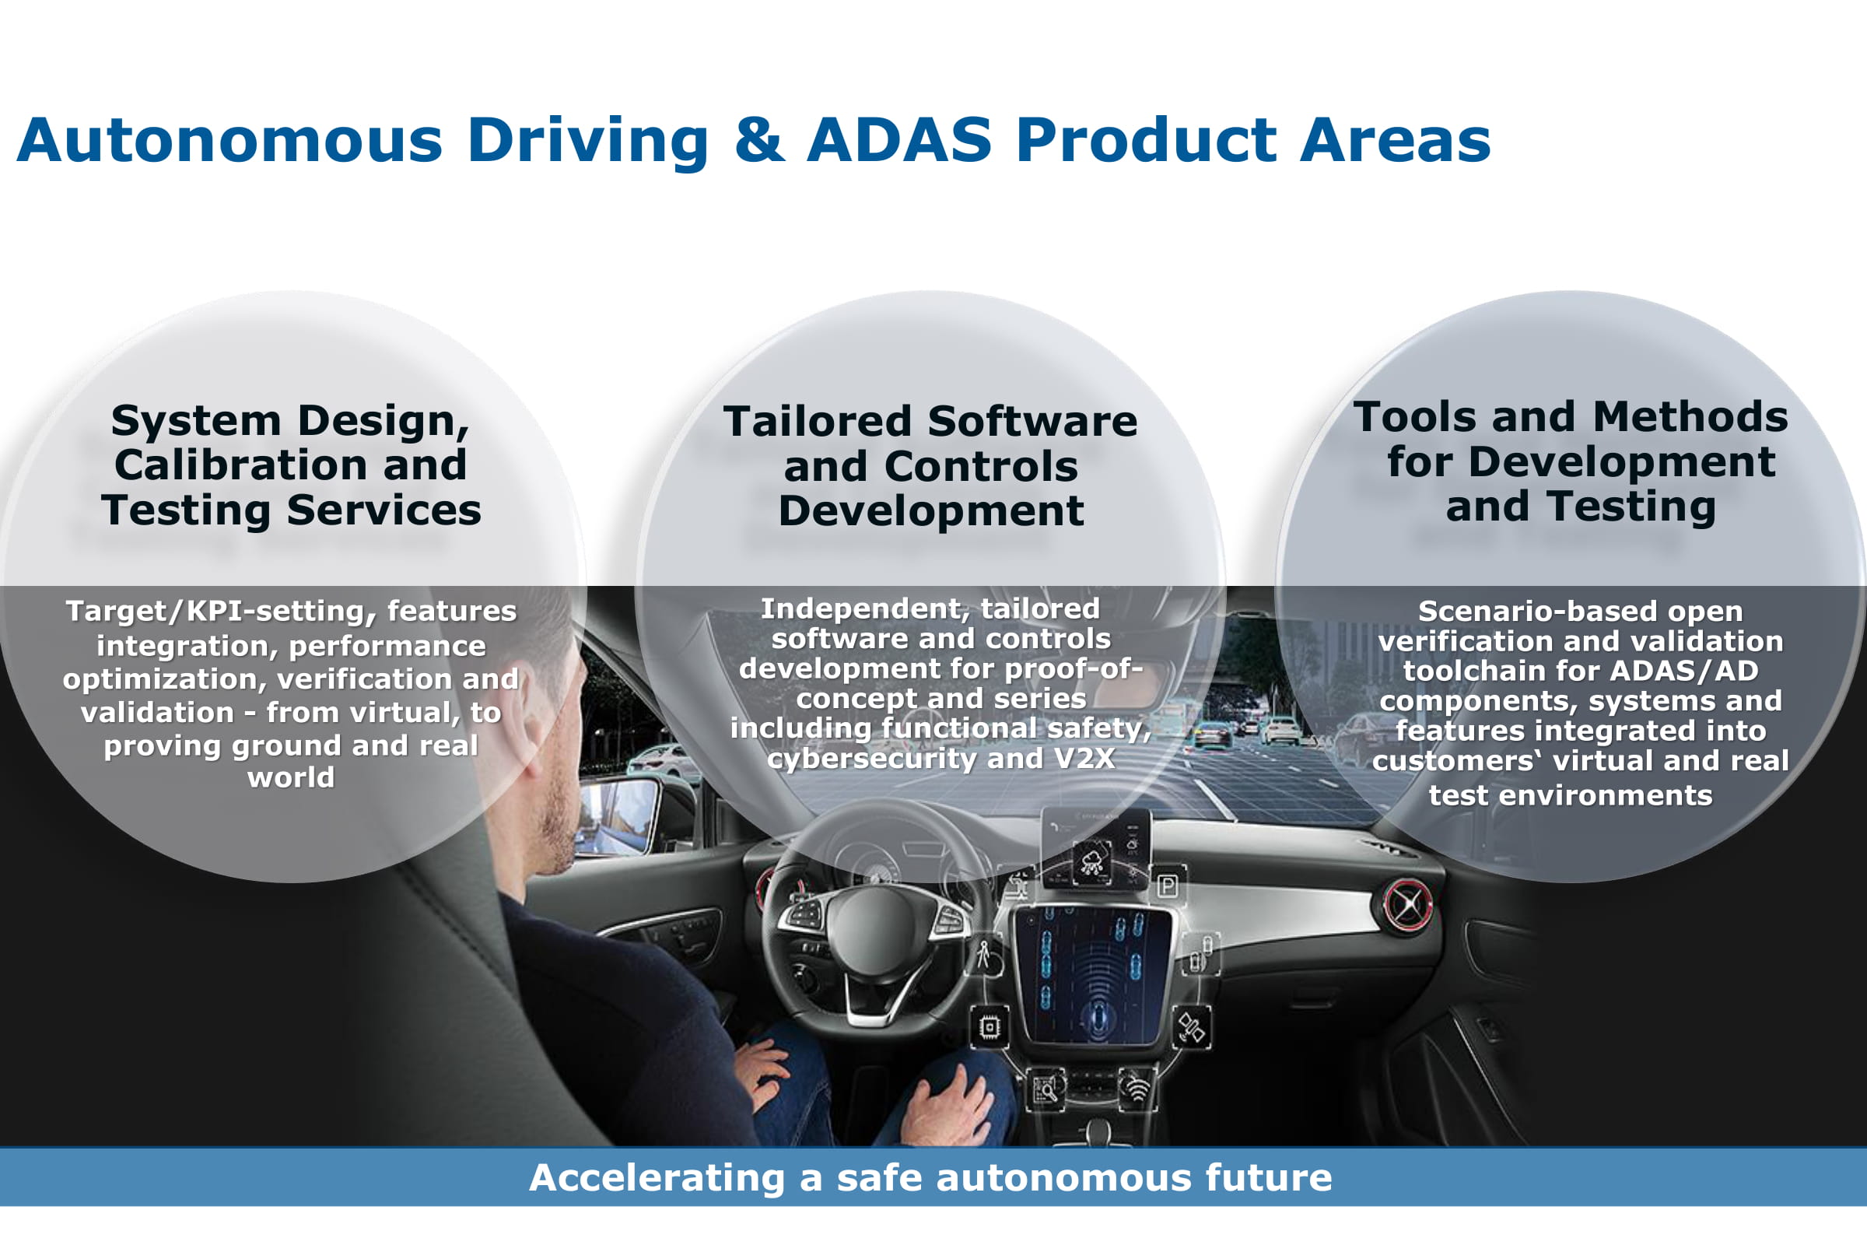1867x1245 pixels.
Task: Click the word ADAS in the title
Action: (x=899, y=141)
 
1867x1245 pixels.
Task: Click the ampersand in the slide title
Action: (x=760, y=141)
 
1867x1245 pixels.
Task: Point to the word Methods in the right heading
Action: (x=1690, y=418)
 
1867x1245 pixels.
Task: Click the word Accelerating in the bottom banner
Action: (x=657, y=1178)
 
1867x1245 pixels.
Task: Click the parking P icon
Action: (x=1167, y=886)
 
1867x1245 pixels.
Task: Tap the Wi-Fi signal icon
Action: (x=1137, y=1089)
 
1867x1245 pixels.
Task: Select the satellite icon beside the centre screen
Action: (x=1191, y=1028)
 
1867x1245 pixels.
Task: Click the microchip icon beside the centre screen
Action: (x=989, y=1027)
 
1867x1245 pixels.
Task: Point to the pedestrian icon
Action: (x=984, y=955)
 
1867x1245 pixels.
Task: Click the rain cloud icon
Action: (x=1093, y=861)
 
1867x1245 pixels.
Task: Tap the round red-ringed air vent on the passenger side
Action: (x=1408, y=905)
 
